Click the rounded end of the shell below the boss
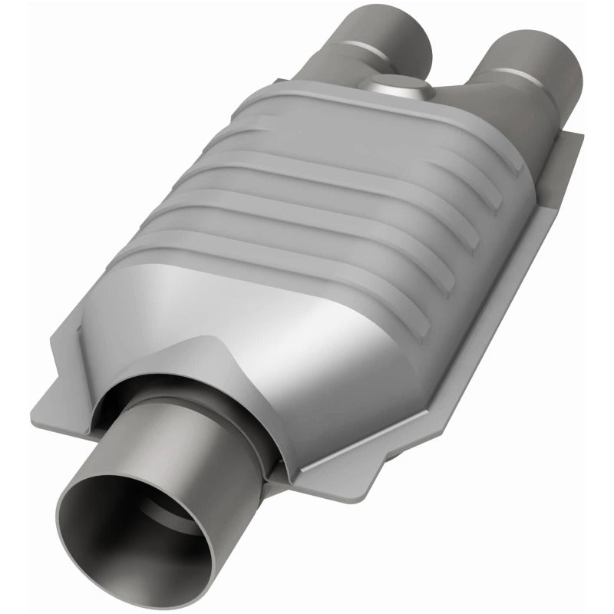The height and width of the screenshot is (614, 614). coord(384,115)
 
